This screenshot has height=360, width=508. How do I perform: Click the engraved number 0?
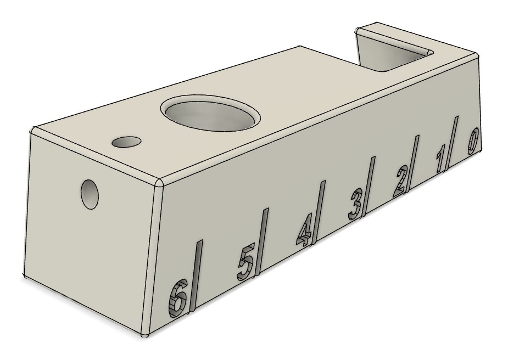pyautogui.click(x=473, y=141)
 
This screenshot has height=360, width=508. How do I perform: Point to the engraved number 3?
pyautogui.click(x=355, y=205)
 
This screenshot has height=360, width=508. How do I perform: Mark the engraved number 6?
pyautogui.click(x=178, y=298)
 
